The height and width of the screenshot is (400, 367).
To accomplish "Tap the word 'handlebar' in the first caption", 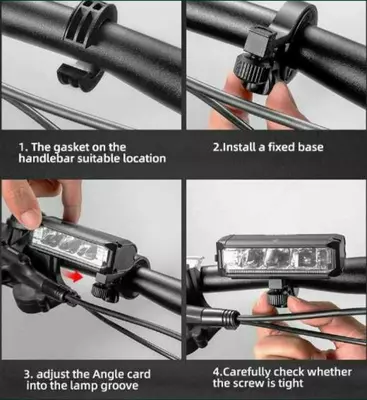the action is (x=46, y=158).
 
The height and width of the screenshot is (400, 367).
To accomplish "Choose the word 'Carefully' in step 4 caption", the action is (x=246, y=372).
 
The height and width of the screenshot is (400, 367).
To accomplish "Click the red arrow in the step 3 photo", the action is (x=75, y=276).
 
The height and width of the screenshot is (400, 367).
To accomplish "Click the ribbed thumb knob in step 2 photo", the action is (x=248, y=72).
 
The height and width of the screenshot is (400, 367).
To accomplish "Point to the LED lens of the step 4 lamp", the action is (x=277, y=260).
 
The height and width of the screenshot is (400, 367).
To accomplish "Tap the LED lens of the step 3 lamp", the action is (x=70, y=246).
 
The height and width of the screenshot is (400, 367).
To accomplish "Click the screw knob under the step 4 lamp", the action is (x=277, y=298).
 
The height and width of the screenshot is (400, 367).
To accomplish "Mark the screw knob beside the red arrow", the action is (x=101, y=291).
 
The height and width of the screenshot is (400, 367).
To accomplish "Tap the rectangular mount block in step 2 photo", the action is (x=260, y=41).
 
